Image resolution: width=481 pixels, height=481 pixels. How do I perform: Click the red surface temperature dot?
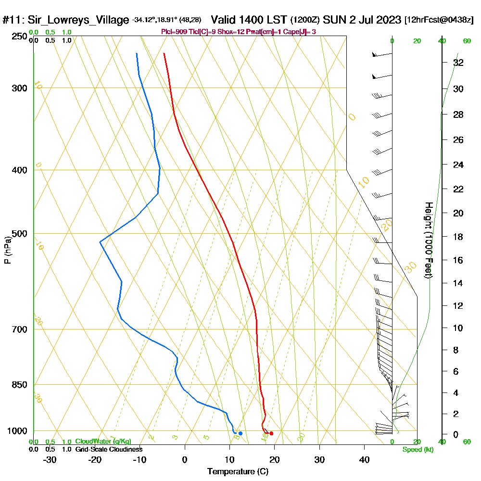pyautogui.click(x=271, y=433)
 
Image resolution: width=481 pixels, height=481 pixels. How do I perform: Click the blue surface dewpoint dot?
pyautogui.click(x=240, y=433)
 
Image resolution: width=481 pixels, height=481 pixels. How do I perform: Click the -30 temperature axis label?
pyautogui.click(x=50, y=460)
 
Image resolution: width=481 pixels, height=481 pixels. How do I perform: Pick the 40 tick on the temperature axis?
pyautogui.click(x=364, y=460)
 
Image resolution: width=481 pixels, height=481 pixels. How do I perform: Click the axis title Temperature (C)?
pyautogui.click(x=238, y=472)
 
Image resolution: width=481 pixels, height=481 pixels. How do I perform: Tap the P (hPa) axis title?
pyautogui.click(x=7, y=250)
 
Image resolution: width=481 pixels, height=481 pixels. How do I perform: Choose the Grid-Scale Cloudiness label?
pyautogui.click(x=108, y=449)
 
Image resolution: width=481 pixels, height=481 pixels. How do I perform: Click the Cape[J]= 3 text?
pyautogui.click(x=302, y=32)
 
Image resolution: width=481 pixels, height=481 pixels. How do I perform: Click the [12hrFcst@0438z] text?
pyautogui.click(x=439, y=20)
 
